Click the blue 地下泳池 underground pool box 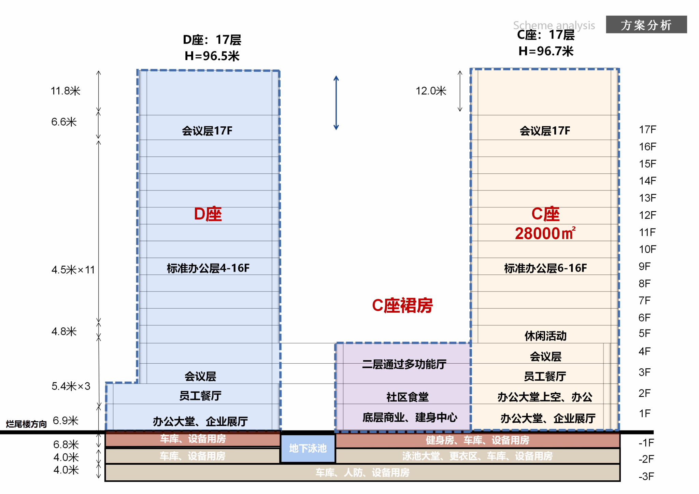308,448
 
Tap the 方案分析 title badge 646,25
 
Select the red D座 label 208,214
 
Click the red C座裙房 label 402,305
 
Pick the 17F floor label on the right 647,130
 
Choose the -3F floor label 646,476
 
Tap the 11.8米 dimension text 66,91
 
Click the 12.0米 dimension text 431,91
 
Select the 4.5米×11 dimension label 73,270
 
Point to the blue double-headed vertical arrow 336,103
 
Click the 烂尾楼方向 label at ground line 26,424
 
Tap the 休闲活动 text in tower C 545,336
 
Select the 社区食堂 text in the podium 407,397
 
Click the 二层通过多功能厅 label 404,364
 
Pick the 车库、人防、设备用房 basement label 362,472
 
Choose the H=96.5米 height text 212,56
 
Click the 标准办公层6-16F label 545,268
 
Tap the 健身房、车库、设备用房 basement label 477,440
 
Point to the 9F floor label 644,266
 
